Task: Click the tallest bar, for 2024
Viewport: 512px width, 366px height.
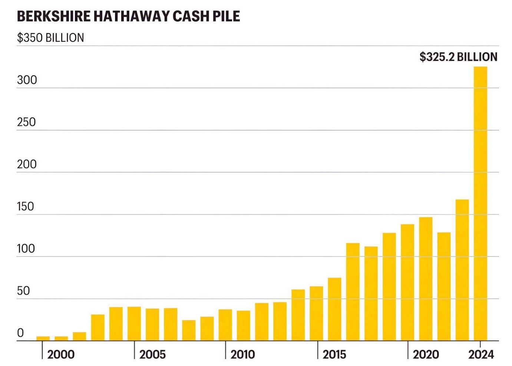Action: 480,204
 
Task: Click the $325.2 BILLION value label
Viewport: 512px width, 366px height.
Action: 458,57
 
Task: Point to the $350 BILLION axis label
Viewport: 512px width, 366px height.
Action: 50,38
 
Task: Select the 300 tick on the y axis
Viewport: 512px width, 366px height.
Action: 27,80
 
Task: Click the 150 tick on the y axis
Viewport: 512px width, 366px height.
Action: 25,206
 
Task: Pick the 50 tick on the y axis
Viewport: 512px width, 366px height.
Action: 23,291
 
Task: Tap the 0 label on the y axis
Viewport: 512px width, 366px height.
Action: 20,333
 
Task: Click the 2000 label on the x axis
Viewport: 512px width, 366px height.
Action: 61,355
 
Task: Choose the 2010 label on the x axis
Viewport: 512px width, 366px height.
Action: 243,355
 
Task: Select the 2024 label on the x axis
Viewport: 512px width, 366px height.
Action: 481,355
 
